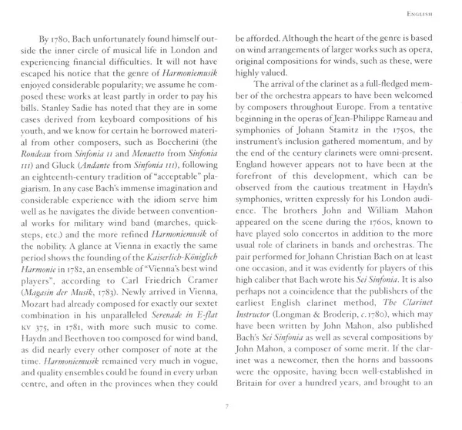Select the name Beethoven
pos(91,378)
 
